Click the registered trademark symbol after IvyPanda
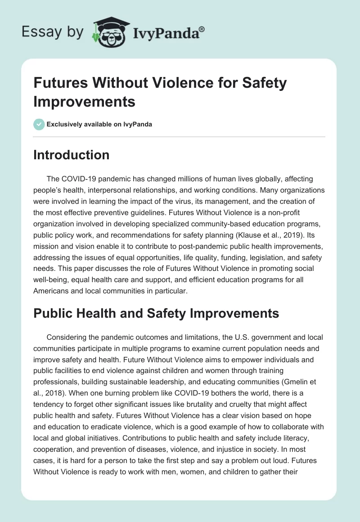coord(202,29)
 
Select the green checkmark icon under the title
coord(39,124)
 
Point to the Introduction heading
coord(72,155)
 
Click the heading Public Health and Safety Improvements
coord(156,313)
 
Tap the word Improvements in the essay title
coord(85,101)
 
